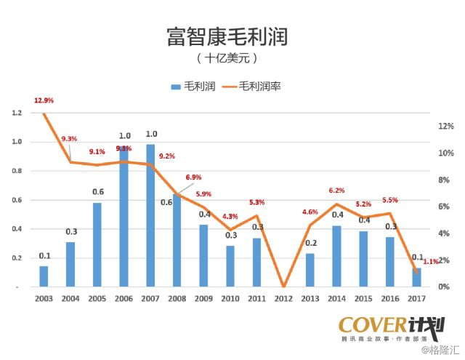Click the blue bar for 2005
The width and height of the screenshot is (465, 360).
[97, 244]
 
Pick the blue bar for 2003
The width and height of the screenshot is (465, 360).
[44, 276]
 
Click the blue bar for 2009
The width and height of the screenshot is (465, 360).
[204, 255]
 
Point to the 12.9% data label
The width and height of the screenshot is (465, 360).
[44, 100]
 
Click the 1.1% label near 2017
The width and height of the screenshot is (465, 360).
[431, 261]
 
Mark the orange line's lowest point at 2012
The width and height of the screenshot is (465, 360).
[284, 286]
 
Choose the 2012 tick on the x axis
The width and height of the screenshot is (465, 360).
[284, 298]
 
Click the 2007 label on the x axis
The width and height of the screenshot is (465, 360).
[150, 298]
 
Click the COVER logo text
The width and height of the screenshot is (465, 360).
[368, 325]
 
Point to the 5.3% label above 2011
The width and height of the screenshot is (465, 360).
[256, 202]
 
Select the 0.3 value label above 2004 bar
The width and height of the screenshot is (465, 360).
[71, 232]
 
